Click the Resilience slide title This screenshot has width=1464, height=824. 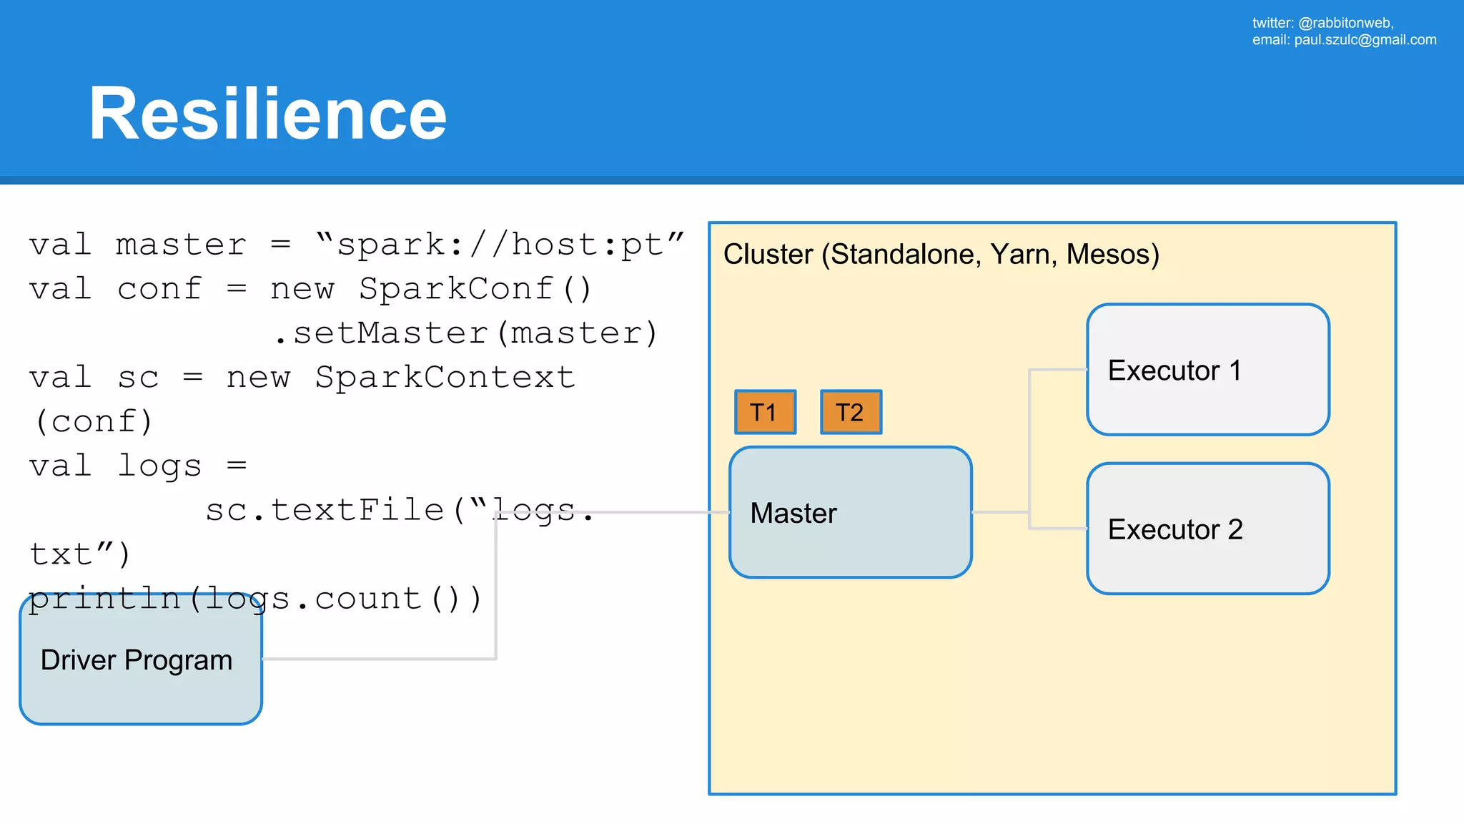pos(267,114)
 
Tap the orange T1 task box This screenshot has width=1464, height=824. pos(765,412)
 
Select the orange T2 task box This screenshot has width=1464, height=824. pos(851,412)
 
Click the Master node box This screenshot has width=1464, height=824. pos(850,512)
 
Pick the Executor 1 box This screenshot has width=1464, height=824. pos(1207,370)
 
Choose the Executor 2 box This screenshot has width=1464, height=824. pos(1207,529)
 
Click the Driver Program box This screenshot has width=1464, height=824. pos(141,660)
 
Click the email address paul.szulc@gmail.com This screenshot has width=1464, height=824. pos(1365,40)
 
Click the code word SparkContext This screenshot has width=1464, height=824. pos(445,378)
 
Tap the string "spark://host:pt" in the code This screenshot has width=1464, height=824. pos(500,245)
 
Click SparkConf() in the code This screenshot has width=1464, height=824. pos(475,289)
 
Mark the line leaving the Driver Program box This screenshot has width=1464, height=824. pos(379,658)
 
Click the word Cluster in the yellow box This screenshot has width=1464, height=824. pos(768,255)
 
